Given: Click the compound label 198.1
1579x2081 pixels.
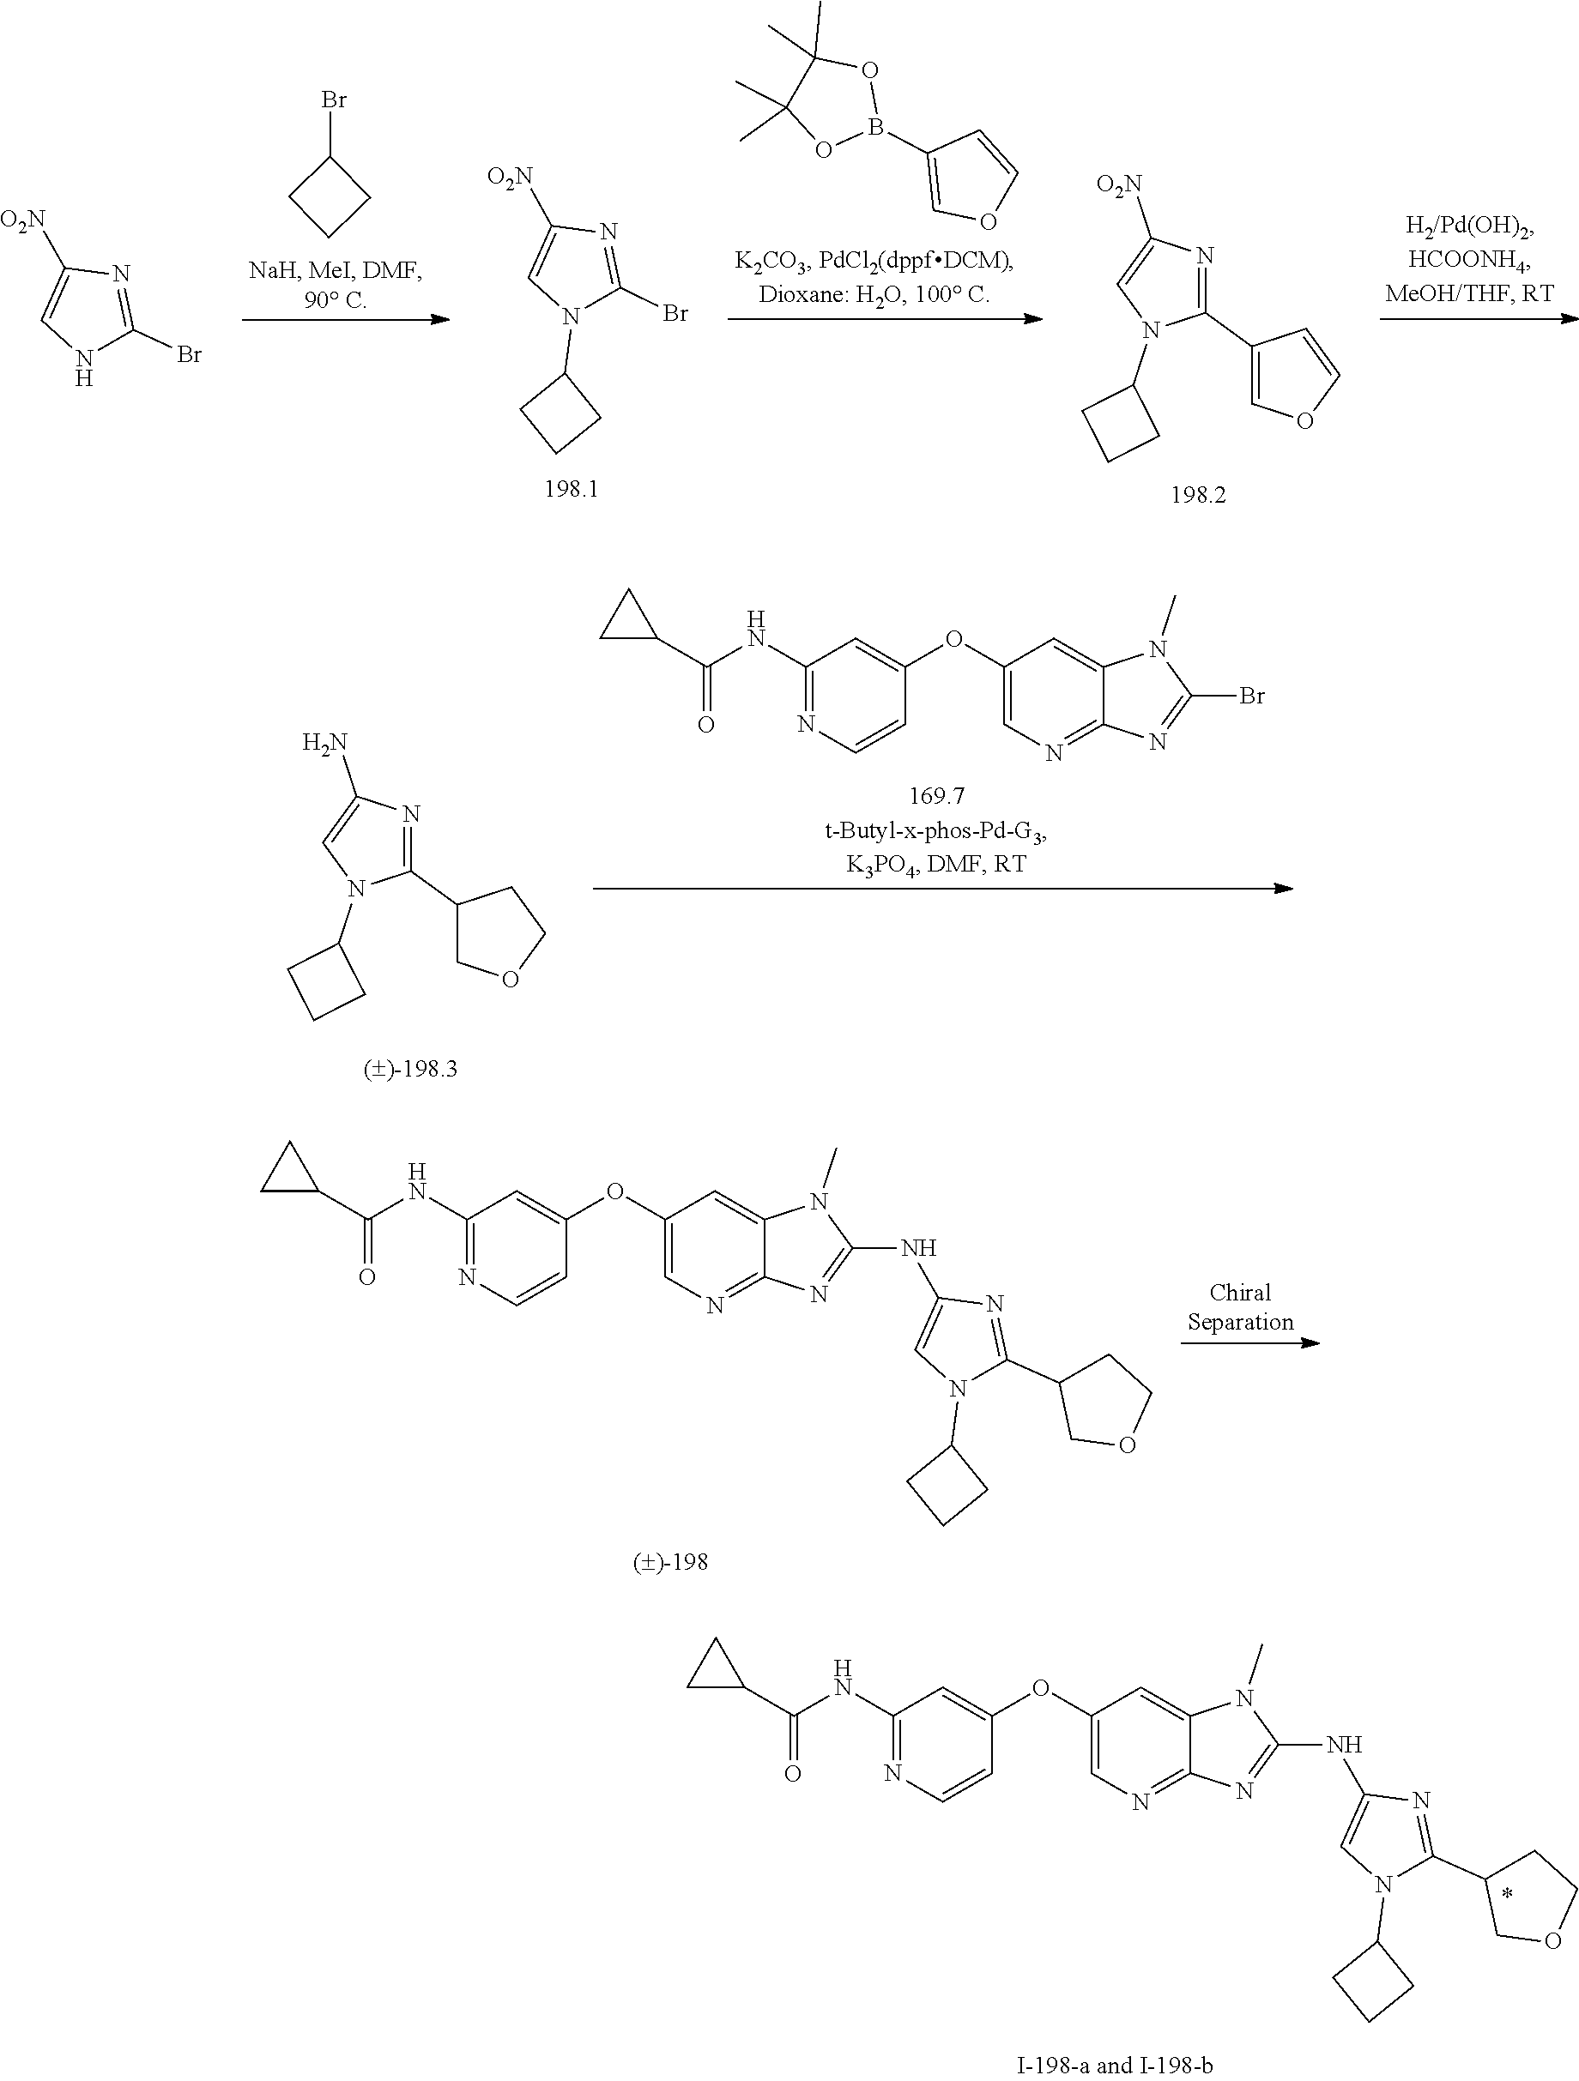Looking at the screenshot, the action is [x=571, y=489].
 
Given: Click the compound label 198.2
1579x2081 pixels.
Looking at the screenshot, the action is [x=1198, y=495].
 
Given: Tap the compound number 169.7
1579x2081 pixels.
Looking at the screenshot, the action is [x=936, y=796].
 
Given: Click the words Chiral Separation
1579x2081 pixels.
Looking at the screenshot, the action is [x=1240, y=1306].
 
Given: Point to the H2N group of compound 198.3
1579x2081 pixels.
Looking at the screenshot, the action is [x=324, y=742].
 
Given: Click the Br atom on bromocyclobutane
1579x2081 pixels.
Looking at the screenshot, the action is [x=334, y=100].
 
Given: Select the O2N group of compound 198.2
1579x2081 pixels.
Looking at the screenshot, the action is [x=1119, y=184].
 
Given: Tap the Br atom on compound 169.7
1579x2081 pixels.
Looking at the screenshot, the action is [x=1251, y=697].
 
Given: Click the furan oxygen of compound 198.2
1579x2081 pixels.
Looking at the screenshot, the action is [x=1304, y=420].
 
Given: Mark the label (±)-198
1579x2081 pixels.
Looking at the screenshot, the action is [x=670, y=1563].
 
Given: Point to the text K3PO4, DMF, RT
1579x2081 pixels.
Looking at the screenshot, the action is [x=935, y=864].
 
